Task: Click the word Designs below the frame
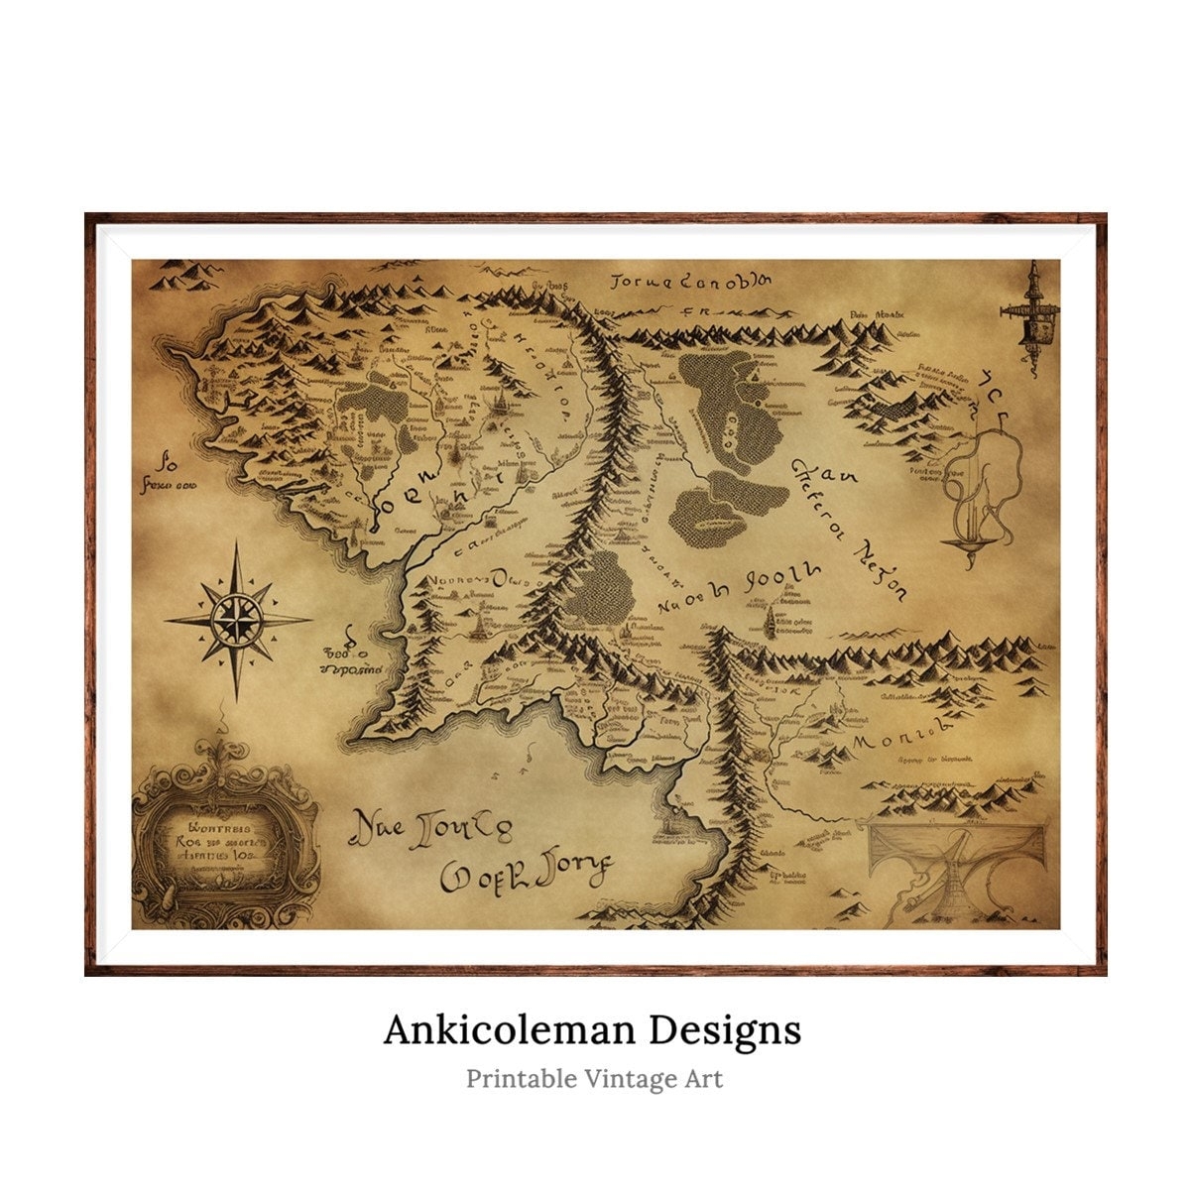(725, 1029)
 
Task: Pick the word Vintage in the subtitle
(634, 1078)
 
